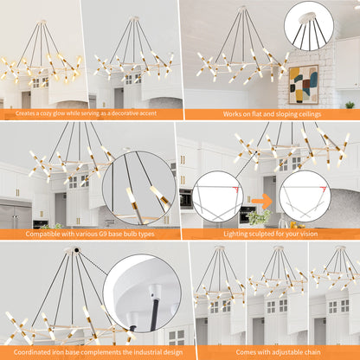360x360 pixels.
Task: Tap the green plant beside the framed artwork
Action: [x=349, y=105]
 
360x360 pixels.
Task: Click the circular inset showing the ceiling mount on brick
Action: [x=308, y=26]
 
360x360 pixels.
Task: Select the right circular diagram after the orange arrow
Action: [x=304, y=196]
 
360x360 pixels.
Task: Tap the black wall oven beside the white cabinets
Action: [x=186, y=200]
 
